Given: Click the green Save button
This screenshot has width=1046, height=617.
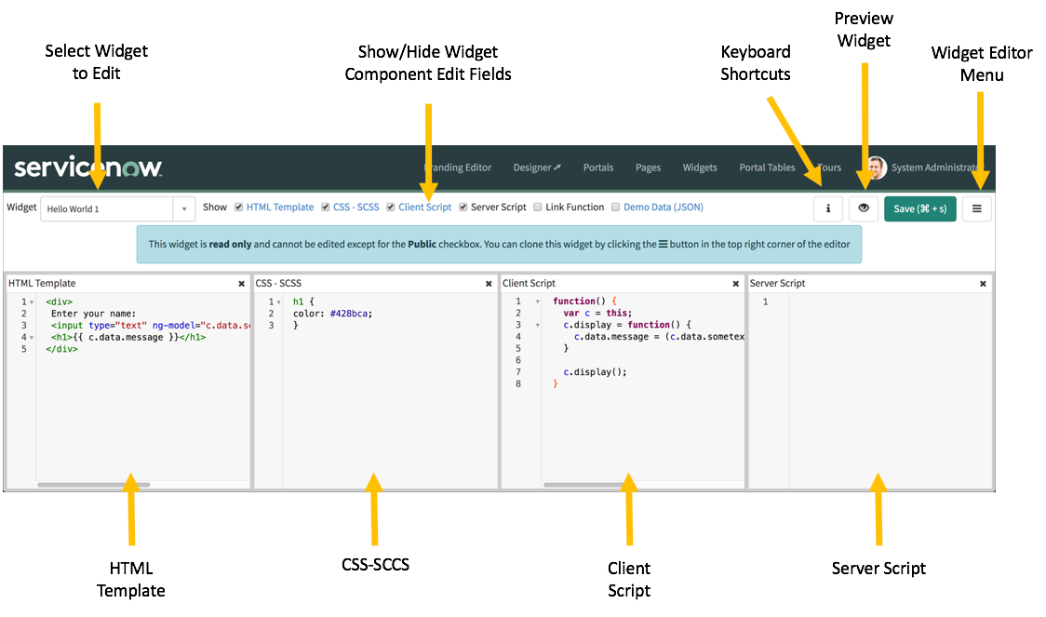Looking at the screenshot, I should (919, 208).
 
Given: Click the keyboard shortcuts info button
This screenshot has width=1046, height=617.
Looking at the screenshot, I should (827, 208).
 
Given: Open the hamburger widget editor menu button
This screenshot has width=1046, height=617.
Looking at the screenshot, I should (976, 208).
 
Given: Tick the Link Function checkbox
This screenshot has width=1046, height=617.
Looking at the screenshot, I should (538, 208).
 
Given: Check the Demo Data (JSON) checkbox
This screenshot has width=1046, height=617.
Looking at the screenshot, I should (615, 208).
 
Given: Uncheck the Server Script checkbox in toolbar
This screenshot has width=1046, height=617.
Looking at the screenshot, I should (463, 208).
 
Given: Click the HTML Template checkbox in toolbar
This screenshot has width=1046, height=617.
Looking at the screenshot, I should (239, 208).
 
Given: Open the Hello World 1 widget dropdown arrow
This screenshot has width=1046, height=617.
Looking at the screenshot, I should (183, 209).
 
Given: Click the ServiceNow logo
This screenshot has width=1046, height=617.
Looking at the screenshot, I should (88, 168).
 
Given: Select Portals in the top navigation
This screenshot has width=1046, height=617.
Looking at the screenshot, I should (598, 168).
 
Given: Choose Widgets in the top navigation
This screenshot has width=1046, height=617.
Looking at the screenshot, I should (700, 168).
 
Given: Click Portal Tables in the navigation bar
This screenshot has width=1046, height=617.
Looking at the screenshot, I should (767, 168).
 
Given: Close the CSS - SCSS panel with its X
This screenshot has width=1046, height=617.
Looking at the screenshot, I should (489, 284).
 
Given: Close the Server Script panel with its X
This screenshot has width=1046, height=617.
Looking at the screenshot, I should (983, 284).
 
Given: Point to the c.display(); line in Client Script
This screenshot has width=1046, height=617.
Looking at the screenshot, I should (595, 372).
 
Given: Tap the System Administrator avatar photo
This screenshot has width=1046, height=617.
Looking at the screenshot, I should (877, 168).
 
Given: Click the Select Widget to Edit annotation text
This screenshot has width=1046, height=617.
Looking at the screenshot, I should (97, 61).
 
